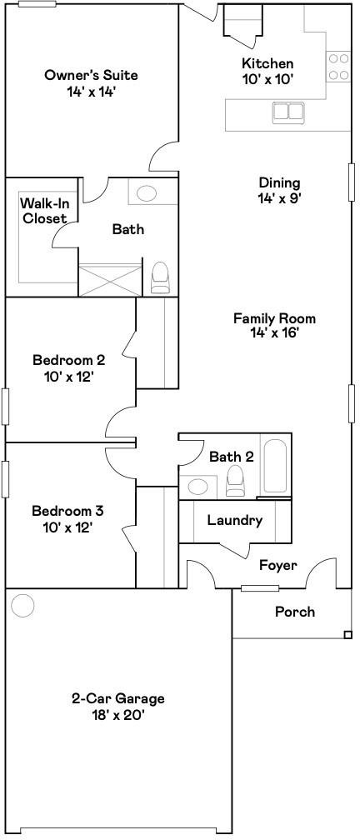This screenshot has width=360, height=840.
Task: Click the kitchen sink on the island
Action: (288, 111)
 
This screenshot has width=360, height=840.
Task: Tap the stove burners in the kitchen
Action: (338, 67)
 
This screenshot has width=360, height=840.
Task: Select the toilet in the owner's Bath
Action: (160, 277)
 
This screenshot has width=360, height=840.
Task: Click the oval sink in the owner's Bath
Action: (146, 192)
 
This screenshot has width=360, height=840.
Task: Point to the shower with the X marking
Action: (110, 279)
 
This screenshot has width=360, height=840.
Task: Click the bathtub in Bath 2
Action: (276, 466)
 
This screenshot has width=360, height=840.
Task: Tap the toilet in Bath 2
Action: (235, 481)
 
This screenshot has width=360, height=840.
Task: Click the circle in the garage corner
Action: (23, 605)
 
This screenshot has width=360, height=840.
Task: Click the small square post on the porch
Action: (348, 635)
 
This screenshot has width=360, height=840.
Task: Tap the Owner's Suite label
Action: (91, 75)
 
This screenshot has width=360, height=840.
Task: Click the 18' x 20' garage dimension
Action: (117, 715)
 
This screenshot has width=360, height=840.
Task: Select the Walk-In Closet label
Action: (44, 211)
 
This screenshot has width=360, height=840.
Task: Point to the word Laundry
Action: (235, 520)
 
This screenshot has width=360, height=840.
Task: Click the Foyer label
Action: (278, 565)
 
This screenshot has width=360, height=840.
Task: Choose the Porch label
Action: (295, 612)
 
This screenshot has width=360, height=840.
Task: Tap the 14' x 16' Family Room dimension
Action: (273, 333)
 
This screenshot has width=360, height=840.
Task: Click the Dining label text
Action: (280, 183)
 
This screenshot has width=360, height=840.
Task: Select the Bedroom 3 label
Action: (68, 511)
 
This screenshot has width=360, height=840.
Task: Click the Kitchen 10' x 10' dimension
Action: (267, 80)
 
